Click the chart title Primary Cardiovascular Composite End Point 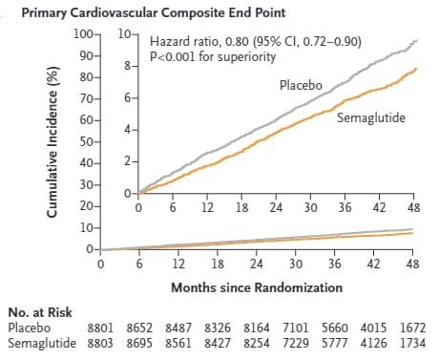click(158, 12)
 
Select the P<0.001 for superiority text click(213, 56)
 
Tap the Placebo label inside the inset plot click(301, 85)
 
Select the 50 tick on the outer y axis click(86, 141)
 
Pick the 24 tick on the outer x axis click(256, 263)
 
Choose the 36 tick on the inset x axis click(345, 207)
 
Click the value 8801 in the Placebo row click(102, 327)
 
